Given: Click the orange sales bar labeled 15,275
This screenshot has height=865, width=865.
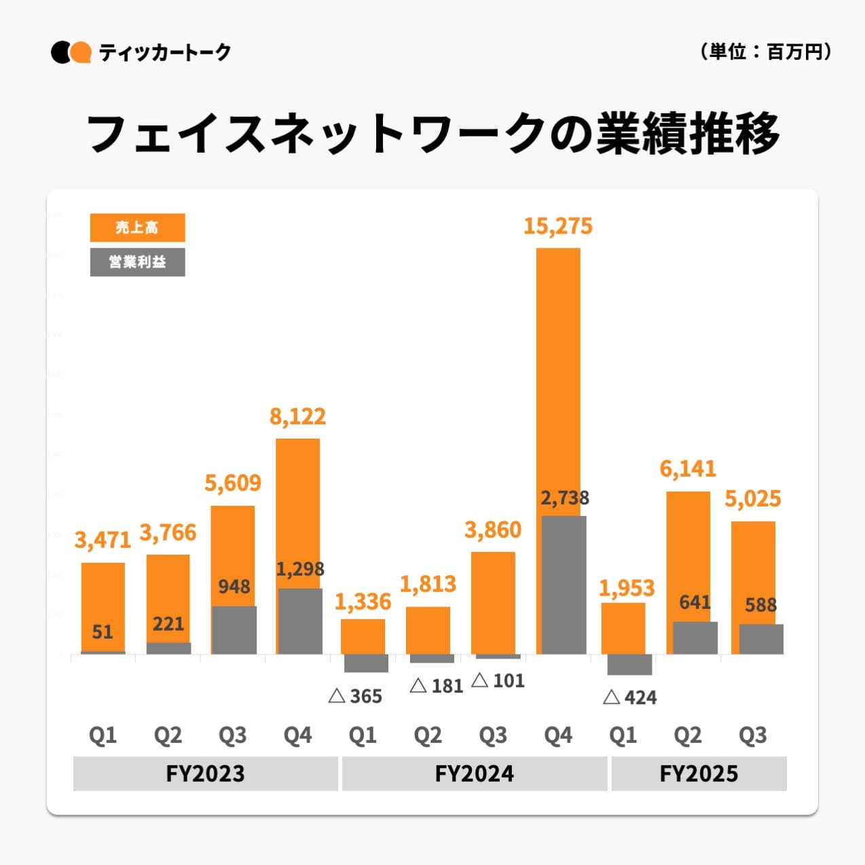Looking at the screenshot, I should pos(558,380).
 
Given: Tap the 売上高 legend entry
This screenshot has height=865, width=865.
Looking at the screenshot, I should pos(137,227).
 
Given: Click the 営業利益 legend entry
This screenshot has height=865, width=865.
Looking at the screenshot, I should pos(137,262).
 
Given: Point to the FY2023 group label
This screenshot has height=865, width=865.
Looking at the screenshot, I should pos(205,773).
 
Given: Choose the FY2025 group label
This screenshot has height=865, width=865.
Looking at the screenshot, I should pos(699,773).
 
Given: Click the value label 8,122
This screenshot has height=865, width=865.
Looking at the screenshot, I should pos(297,416).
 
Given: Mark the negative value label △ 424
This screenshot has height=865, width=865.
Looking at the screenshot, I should pos(629,697).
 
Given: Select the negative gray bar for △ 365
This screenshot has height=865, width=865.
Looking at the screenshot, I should pos(366,663).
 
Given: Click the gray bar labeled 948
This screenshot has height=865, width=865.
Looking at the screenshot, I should pos(234,630).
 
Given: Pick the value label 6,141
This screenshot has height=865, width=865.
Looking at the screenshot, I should pos(688,468).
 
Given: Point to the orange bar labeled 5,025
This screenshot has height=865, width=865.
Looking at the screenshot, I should pos(753,570).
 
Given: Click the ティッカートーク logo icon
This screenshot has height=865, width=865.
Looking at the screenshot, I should pos(71,52).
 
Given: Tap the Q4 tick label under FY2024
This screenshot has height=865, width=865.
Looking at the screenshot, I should pos(558,735).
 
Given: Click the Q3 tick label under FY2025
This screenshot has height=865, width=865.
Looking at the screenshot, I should pos(753,735).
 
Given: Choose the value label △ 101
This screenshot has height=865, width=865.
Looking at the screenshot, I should pos(498,680).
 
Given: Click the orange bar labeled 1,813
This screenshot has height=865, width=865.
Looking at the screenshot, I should pos(428,630).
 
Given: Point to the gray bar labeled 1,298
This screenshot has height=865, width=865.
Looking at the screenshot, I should pos(300,621).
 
